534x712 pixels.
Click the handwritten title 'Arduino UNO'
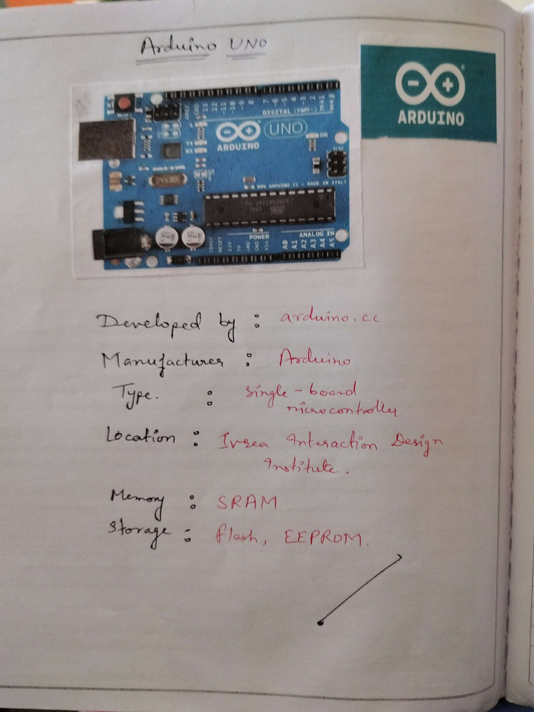click(x=203, y=47)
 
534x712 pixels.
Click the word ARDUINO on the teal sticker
click(x=430, y=118)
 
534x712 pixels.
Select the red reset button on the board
click(x=124, y=104)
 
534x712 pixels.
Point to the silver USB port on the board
click(x=106, y=139)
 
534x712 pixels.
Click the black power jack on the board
click(x=119, y=244)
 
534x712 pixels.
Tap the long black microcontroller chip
click(x=269, y=207)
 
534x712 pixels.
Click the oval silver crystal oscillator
click(x=168, y=180)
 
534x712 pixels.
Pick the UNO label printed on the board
click(x=284, y=129)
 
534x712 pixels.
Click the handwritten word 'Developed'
click(x=148, y=322)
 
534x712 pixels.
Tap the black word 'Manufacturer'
click(x=163, y=362)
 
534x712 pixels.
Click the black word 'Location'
click(x=140, y=436)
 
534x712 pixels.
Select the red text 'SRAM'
click(x=245, y=502)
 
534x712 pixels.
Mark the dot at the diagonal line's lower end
click(x=319, y=622)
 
